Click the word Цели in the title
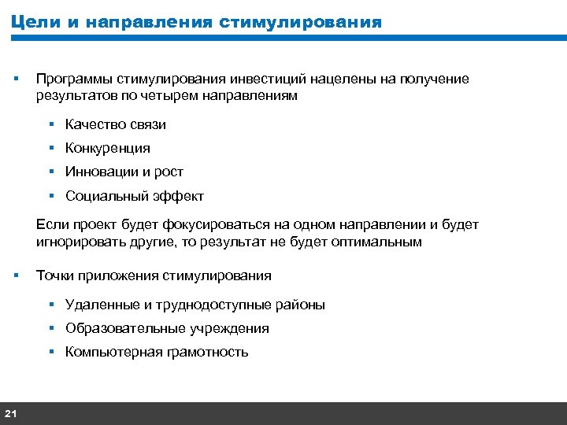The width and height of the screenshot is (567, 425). click(35, 21)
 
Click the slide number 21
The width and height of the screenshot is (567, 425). click(11, 413)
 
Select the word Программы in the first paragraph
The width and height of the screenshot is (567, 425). click(73, 79)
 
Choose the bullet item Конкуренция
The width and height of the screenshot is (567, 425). click(108, 148)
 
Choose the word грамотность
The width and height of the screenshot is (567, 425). click(206, 352)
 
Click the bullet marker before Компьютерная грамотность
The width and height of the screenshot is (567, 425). click(50, 351)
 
